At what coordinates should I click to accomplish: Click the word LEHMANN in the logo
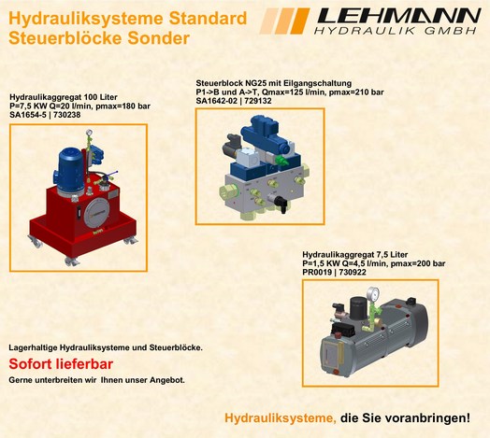click(399, 16)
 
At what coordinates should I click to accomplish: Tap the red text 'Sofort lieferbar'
click(61, 364)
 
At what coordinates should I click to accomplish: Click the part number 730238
click(67, 115)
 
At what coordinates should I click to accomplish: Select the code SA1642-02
click(216, 101)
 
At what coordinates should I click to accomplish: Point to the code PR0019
click(317, 272)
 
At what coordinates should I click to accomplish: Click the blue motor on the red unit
click(69, 171)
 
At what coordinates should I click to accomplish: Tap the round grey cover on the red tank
click(96, 213)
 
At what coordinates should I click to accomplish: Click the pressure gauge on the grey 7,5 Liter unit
click(373, 294)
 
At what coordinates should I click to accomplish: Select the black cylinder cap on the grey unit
click(358, 307)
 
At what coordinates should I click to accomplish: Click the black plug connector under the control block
click(279, 203)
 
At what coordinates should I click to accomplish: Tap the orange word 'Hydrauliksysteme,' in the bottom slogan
click(281, 418)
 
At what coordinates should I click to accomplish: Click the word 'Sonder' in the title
click(158, 38)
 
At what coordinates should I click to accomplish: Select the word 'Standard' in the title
click(208, 19)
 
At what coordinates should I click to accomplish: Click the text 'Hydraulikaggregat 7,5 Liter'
click(355, 254)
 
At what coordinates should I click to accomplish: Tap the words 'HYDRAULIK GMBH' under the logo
click(396, 31)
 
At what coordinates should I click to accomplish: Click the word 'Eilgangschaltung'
click(318, 83)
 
